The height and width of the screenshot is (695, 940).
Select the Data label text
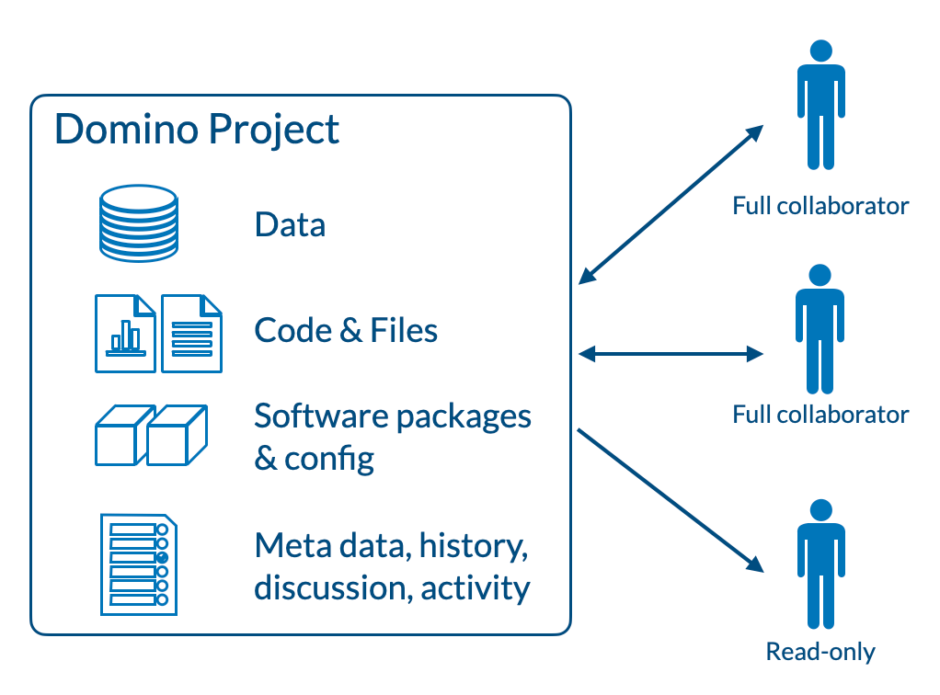tap(290, 224)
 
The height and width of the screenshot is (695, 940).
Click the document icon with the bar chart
tap(125, 333)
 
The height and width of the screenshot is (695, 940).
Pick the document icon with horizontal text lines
tap(192, 333)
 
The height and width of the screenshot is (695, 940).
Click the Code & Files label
tap(346, 330)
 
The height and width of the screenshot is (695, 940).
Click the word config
tap(329, 457)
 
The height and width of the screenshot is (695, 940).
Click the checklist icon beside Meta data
tap(137, 564)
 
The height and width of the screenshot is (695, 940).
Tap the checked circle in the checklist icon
tap(163, 557)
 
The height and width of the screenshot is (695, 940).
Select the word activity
tap(476, 587)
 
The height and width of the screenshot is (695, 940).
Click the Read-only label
tap(820, 652)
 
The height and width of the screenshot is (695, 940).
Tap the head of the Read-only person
tap(820, 510)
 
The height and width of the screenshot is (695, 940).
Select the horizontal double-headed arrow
tap(671, 353)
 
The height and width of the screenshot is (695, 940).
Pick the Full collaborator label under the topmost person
tap(820, 205)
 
